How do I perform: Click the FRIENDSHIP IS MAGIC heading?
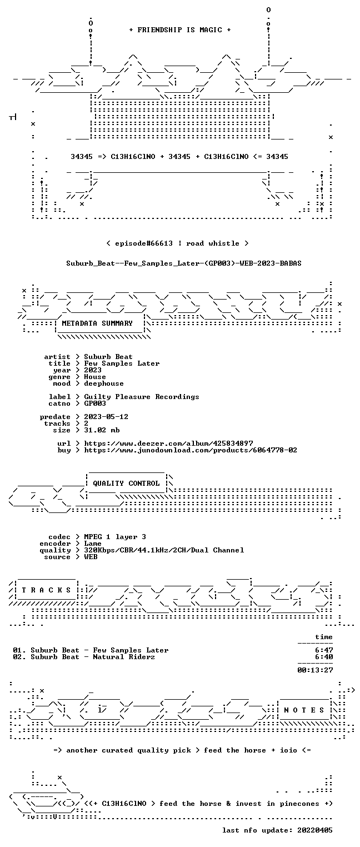[x=179, y=30]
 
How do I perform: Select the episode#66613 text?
[x=144, y=243]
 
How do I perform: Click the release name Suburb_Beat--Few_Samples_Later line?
[x=184, y=263]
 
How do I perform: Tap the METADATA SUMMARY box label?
[x=97, y=323]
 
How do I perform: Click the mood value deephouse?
[x=104, y=384]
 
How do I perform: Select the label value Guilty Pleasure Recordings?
[x=142, y=397]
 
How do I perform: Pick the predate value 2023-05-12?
[x=106, y=417]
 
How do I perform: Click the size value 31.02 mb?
[x=102, y=430]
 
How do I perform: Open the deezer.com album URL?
[x=168, y=443]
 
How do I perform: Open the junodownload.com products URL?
[x=190, y=450]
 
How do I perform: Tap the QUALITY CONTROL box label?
[x=126, y=483]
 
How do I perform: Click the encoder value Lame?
[x=93, y=544]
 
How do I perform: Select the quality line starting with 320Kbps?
[x=164, y=550]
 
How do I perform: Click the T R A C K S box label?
[x=46, y=590]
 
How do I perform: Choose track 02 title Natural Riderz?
[x=124, y=657]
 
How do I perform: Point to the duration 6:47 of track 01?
[x=324, y=650]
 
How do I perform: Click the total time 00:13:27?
[x=315, y=670]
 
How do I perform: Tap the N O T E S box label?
[x=304, y=710]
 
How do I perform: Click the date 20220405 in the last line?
[x=315, y=830]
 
